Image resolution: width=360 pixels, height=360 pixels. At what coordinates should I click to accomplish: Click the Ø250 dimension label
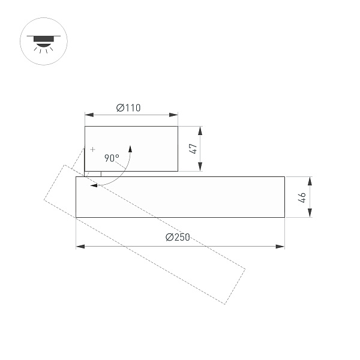[178, 238]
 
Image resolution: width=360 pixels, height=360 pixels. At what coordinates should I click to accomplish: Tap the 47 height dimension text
[194, 149]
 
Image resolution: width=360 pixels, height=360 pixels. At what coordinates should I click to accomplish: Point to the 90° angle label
[112, 158]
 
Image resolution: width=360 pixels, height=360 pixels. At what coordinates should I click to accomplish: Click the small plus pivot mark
[92, 148]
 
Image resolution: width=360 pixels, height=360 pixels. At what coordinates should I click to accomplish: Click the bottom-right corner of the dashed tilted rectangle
[225, 304]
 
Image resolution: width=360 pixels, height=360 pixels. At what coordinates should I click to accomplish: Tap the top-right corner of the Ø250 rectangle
[284, 177]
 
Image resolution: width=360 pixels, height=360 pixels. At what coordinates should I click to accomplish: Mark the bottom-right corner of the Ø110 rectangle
[178, 171]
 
